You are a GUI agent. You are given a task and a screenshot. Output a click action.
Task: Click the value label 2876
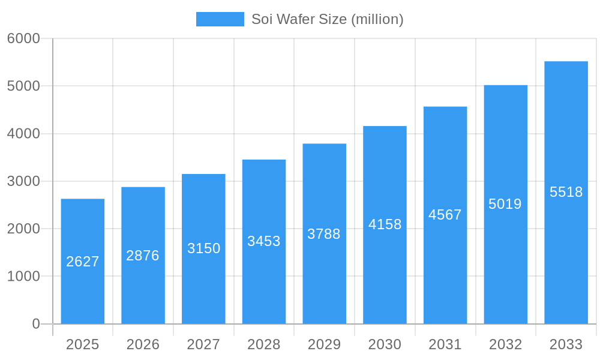[143, 256]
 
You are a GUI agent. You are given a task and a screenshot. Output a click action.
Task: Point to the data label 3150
[204, 248]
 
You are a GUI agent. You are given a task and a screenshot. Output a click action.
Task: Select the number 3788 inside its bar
[324, 234]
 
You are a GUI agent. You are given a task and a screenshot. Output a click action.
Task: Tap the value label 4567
[445, 215]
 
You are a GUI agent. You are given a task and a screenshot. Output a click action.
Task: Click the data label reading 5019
[505, 204]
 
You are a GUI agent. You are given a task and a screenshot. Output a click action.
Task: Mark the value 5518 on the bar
[566, 192]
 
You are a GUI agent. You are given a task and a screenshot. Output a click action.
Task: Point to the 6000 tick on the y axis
[23, 38]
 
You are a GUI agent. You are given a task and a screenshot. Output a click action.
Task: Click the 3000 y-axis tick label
[23, 181]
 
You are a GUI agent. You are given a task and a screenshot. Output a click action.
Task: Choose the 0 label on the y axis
[35, 324]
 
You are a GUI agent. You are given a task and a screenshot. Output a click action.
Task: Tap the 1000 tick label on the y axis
[23, 277]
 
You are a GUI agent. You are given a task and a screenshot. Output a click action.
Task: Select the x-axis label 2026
[143, 344]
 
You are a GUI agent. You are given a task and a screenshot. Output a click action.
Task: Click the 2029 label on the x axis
[324, 344]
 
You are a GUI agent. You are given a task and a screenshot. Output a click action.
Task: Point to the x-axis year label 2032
[505, 344]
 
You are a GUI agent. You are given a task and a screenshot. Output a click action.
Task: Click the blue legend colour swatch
[220, 19]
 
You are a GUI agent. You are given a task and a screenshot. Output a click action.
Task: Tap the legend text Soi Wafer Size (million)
[327, 19]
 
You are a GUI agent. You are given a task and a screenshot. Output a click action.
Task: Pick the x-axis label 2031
[445, 344]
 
